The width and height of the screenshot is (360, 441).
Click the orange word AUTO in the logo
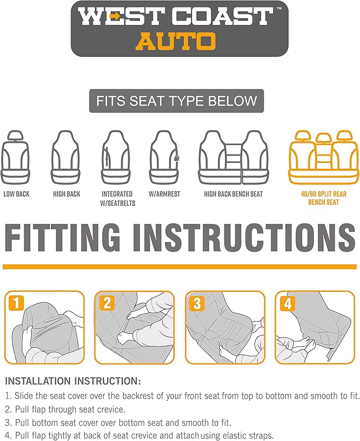[176, 41]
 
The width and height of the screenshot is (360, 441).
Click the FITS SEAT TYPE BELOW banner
[177, 101]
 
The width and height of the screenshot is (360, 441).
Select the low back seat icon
[15, 157]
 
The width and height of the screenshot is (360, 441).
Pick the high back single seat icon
[66, 157]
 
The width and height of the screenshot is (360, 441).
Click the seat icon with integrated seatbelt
[116, 157]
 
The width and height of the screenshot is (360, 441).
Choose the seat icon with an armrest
[164, 157]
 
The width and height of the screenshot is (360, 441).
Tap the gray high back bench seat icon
[233, 157]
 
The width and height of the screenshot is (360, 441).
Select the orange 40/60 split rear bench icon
[324, 157]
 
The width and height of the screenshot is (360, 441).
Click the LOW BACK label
[16, 194]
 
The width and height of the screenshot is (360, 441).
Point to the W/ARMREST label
[164, 194]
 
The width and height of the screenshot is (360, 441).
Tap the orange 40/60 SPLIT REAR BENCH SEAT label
[323, 198]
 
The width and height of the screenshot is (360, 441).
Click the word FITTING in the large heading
[63, 237]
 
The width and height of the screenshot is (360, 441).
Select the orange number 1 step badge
[16, 303]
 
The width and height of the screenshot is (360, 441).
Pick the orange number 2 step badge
[107, 303]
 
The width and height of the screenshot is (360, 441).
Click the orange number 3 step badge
[197, 303]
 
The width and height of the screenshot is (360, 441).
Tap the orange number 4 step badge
[287, 303]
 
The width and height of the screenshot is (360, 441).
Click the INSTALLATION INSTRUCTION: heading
[73, 381]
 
